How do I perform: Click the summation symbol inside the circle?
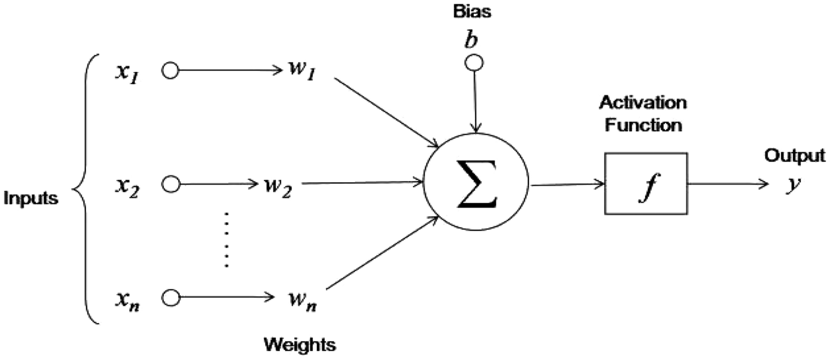click(x=476, y=184)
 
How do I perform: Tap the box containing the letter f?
click(x=646, y=184)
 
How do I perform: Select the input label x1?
click(x=127, y=72)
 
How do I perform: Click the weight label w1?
click(x=302, y=71)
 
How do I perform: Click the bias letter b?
click(x=471, y=41)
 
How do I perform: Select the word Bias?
click(x=472, y=11)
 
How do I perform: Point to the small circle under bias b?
click(x=475, y=63)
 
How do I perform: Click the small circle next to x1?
click(x=170, y=71)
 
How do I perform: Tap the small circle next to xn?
click(x=171, y=298)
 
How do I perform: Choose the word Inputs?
click(x=31, y=199)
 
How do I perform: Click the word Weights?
click(x=299, y=345)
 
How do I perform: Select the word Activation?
click(x=643, y=102)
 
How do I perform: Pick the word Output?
click(x=794, y=156)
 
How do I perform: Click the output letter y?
click(x=793, y=185)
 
